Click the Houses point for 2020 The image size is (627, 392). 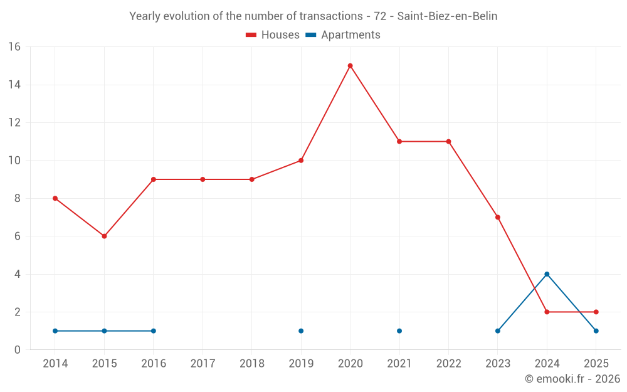(x=350, y=66)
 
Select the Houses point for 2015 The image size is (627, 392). (x=104, y=236)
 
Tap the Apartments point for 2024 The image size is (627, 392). (x=547, y=275)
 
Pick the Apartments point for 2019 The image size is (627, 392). (x=301, y=331)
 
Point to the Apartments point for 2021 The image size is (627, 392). (x=399, y=331)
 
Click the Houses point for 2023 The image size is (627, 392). (x=498, y=218)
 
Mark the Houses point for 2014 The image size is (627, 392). (x=55, y=198)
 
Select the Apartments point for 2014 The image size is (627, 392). (x=55, y=331)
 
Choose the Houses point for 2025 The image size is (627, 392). (x=596, y=312)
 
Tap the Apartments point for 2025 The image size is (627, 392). (x=596, y=331)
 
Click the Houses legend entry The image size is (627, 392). (x=273, y=35)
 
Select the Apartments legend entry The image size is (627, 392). (x=343, y=35)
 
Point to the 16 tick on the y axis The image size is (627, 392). (x=14, y=47)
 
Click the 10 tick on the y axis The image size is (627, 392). (x=14, y=161)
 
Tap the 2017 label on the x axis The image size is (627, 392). (x=203, y=364)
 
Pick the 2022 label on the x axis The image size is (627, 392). (x=449, y=364)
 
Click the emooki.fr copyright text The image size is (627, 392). (x=572, y=379)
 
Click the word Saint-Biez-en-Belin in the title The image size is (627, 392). (x=447, y=16)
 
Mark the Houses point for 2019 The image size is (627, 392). (x=301, y=161)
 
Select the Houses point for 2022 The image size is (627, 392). (x=449, y=142)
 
